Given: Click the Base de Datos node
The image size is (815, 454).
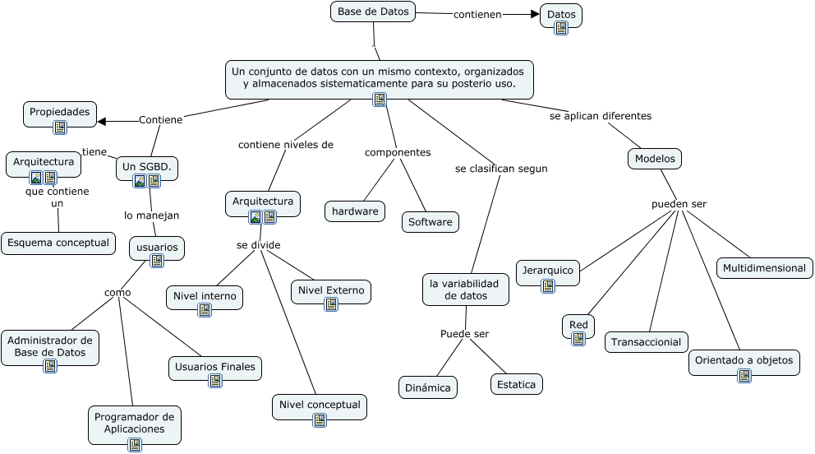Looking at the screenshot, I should point(373,12).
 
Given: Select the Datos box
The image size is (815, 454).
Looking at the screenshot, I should point(561,15).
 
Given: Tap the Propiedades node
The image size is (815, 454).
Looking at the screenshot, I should point(60,112).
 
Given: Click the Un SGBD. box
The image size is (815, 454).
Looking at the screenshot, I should point(147,167).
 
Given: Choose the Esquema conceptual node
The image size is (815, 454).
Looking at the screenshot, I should point(58,243).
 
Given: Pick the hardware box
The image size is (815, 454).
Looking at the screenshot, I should point(355,211).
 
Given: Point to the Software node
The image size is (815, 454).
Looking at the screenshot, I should point(431,222).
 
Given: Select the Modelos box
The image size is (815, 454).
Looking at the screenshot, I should point(655,159).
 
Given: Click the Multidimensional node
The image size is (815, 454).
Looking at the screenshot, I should point(765,268).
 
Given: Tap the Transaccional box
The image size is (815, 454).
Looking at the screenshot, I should point(647,342).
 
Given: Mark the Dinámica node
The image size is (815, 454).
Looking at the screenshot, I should point(428,387).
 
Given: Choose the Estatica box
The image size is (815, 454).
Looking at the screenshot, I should point(517,384).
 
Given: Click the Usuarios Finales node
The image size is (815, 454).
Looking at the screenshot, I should point(215,367).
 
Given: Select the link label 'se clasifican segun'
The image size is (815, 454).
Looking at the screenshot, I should point(501,169).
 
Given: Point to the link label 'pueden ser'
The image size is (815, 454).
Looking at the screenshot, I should point(679,204).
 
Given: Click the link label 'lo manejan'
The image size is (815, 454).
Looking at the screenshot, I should point(151,215).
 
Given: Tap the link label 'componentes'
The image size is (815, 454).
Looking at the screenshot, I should point(398,152).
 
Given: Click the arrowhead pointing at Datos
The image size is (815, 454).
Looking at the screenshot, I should point(535,14).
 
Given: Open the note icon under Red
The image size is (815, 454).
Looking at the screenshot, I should point(578,339).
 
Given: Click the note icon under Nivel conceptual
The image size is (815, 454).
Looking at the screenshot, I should point(320,419).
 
